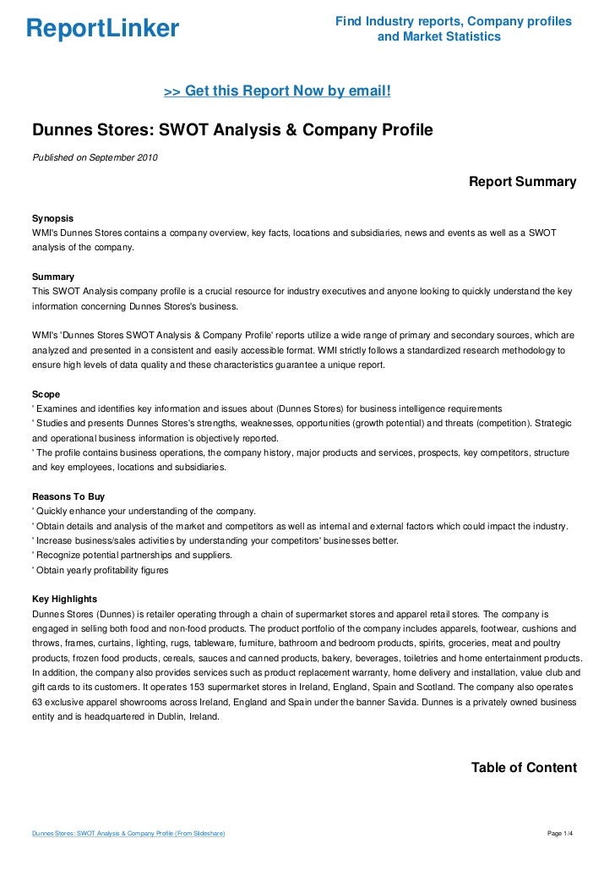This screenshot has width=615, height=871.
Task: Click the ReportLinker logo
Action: (x=103, y=30)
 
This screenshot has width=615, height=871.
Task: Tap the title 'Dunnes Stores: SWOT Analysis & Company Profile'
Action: (x=232, y=131)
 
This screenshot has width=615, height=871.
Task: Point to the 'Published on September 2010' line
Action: (x=95, y=157)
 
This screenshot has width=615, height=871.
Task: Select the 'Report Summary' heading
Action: (x=522, y=182)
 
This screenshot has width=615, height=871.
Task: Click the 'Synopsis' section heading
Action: (x=52, y=217)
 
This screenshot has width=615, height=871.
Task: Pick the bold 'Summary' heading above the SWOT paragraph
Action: (x=52, y=277)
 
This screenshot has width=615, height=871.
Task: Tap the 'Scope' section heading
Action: (x=46, y=394)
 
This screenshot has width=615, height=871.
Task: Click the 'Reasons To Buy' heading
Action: (x=68, y=496)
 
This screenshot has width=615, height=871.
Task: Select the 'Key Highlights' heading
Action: (x=64, y=599)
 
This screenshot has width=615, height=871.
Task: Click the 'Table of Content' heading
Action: (x=524, y=768)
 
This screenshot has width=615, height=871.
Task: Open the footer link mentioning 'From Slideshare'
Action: (x=128, y=834)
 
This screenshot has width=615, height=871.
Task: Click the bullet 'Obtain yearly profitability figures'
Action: (x=101, y=570)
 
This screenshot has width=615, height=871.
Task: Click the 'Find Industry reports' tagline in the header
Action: (x=453, y=20)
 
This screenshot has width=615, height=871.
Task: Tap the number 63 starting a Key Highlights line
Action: (x=37, y=701)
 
